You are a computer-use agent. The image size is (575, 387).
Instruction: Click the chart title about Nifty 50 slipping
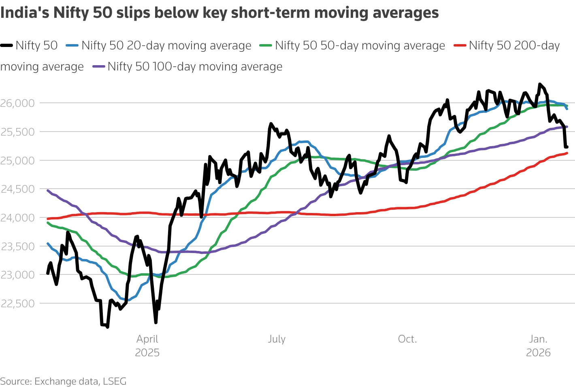coord(219,13)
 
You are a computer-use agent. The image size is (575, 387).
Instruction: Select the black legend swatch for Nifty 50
coord(7,45)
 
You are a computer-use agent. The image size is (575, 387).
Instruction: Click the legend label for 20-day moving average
coord(166,45)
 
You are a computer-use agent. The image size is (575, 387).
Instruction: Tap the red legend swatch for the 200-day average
coord(460,45)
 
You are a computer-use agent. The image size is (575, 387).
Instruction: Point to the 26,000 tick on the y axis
coord(17,103)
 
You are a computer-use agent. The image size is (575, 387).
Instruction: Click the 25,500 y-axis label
coord(17,132)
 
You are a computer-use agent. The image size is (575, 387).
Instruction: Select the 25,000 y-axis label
coord(17,161)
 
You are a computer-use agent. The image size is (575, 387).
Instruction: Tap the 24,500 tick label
coord(17,189)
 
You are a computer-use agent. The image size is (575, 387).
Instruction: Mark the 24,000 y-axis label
coord(17,218)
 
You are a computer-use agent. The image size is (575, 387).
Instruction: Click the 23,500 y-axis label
coord(17,246)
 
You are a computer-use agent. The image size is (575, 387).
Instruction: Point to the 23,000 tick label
coord(17,275)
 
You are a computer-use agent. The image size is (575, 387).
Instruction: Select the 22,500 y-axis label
coord(17,304)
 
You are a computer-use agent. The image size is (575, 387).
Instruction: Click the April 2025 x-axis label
coord(147,345)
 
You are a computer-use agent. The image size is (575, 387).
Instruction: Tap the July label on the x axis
coord(277,339)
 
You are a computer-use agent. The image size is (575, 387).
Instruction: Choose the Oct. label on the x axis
coord(407,339)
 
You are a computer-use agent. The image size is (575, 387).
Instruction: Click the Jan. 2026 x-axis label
coord(538,345)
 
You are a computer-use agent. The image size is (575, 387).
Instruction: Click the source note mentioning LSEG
coord(63,381)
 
